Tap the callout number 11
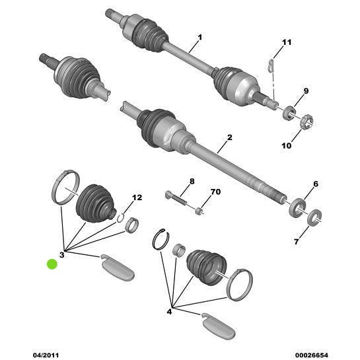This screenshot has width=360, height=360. (x=286, y=43)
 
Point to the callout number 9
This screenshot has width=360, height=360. (x=306, y=90)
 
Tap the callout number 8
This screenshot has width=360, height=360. (x=192, y=181)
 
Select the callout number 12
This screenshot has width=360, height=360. (x=137, y=198)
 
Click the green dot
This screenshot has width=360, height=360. (x=52, y=264)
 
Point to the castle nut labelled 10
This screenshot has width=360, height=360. (x=307, y=122)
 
